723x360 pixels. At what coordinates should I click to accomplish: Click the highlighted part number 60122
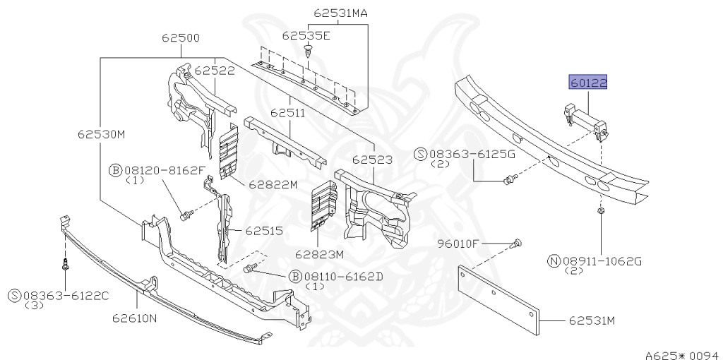(x=588, y=83)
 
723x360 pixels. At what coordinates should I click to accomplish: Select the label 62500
(x=181, y=38)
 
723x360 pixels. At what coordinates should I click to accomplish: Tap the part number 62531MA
(x=341, y=13)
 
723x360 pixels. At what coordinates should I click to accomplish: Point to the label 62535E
(x=306, y=35)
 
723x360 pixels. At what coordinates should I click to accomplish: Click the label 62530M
(x=102, y=135)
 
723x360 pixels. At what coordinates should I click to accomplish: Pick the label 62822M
(x=273, y=185)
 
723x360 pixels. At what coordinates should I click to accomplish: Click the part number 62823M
(x=320, y=254)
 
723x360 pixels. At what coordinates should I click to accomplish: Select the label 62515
(x=264, y=231)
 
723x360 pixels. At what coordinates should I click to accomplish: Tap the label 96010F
(x=458, y=244)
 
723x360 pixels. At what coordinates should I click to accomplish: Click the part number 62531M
(x=592, y=320)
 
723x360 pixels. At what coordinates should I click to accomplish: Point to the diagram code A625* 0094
(x=683, y=355)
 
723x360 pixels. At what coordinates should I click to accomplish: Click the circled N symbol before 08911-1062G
(x=554, y=261)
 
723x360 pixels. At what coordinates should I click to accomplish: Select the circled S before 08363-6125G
(x=421, y=155)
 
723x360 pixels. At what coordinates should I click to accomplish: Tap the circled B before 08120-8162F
(x=115, y=171)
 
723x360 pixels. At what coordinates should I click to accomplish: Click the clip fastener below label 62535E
(x=308, y=50)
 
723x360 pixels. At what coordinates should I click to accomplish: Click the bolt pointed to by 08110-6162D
(x=249, y=268)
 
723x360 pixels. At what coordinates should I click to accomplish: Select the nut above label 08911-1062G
(x=601, y=212)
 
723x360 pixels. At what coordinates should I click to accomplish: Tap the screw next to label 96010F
(x=517, y=244)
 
